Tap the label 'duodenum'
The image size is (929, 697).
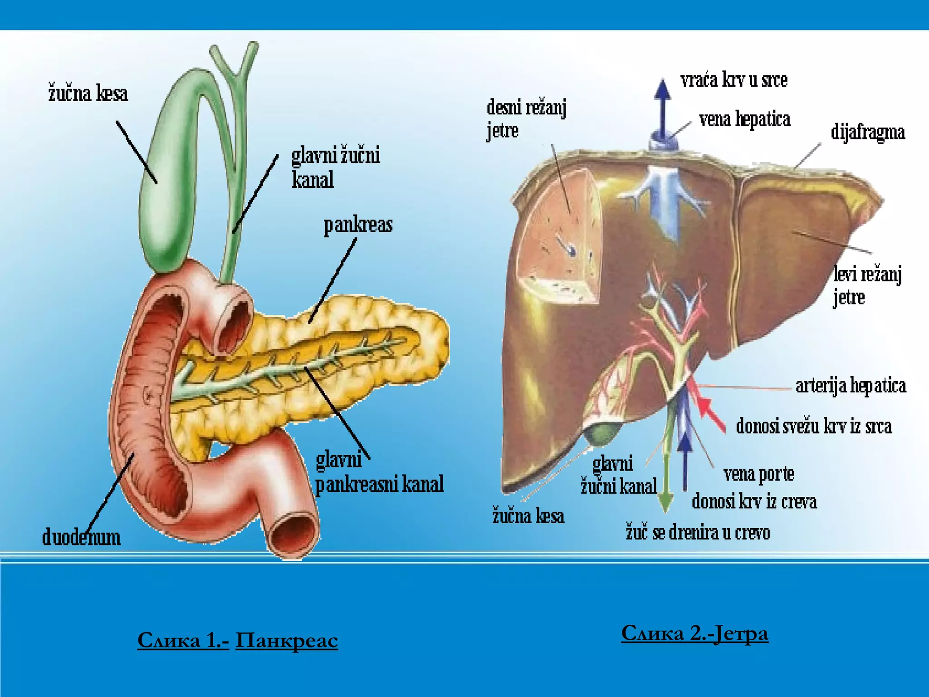point(82,537)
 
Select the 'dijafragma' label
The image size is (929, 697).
point(868,132)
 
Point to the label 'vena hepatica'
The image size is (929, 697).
point(745,119)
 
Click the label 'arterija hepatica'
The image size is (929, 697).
point(851,385)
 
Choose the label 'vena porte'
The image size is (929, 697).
point(759,474)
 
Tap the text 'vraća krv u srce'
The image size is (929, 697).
point(734,80)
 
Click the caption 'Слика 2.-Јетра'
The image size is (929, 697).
point(694,633)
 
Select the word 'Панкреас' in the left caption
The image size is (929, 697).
point(287,640)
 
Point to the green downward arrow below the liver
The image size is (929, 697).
point(666,483)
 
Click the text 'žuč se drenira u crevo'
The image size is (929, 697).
point(698,532)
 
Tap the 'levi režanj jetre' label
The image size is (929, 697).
point(867,286)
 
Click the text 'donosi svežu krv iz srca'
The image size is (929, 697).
point(814,426)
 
